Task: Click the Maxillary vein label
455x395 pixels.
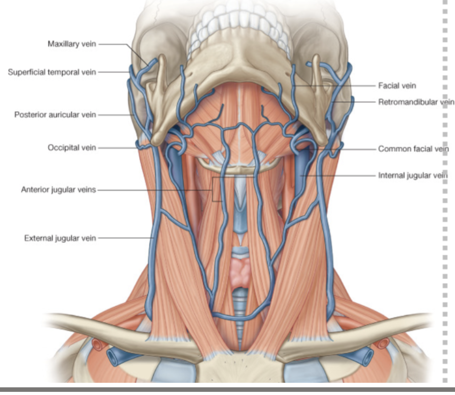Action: (72, 44)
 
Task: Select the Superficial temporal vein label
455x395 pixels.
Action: (52, 72)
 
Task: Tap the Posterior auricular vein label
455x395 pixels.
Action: (55, 114)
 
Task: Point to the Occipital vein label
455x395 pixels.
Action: (72, 148)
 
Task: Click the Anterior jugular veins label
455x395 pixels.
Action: (58, 189)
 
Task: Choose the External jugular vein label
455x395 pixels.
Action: (60, 238)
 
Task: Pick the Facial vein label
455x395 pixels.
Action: (397, 85)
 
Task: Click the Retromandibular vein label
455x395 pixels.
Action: (416, 102)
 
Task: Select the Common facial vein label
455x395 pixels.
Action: (413, 149)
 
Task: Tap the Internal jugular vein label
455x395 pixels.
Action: (412, 175)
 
